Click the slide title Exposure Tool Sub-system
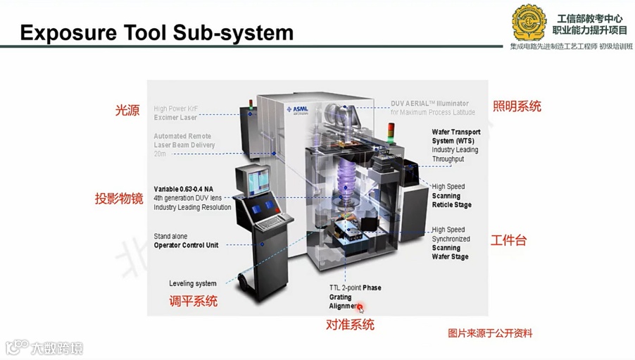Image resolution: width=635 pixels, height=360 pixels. pyautogui.click(x=156, y=32)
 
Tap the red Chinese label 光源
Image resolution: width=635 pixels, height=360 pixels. pyautogui.click(x=127, y=111)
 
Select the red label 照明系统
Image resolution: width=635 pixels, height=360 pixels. pyautogui.click(x=517, y=106)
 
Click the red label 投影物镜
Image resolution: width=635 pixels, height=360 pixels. pyautogui.click(x=119, y=199)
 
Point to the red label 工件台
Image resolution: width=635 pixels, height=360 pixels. pyautogui.click(x=508, y=240)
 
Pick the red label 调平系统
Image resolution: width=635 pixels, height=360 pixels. pyautogui.click(x=193, y=302)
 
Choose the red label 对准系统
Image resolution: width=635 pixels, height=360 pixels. pyautogui.click(x=350, y=325)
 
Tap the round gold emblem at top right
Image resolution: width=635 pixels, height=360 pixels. pyautogui.click(x=529, y=23)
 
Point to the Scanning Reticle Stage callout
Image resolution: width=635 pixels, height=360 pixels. pyautogui.click(x=451, y=196)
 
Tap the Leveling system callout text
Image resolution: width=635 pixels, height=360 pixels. pyautogui.click(x=193, y=284)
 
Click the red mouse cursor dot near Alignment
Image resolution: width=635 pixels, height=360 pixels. pyautogui.click(x=360, y=308)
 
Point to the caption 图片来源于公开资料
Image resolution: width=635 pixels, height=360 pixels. pyautogui.click(x=490, y=333)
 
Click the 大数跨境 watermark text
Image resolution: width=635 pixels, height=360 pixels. pyautogui.click(x=56, y=347)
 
